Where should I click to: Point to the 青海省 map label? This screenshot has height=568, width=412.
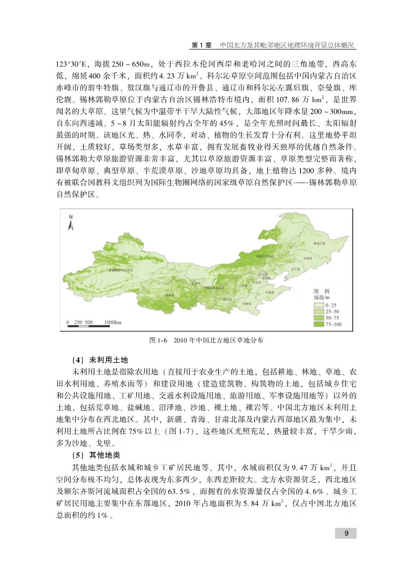168,294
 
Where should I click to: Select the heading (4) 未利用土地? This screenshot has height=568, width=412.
101,359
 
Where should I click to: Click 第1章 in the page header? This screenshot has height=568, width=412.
202,44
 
